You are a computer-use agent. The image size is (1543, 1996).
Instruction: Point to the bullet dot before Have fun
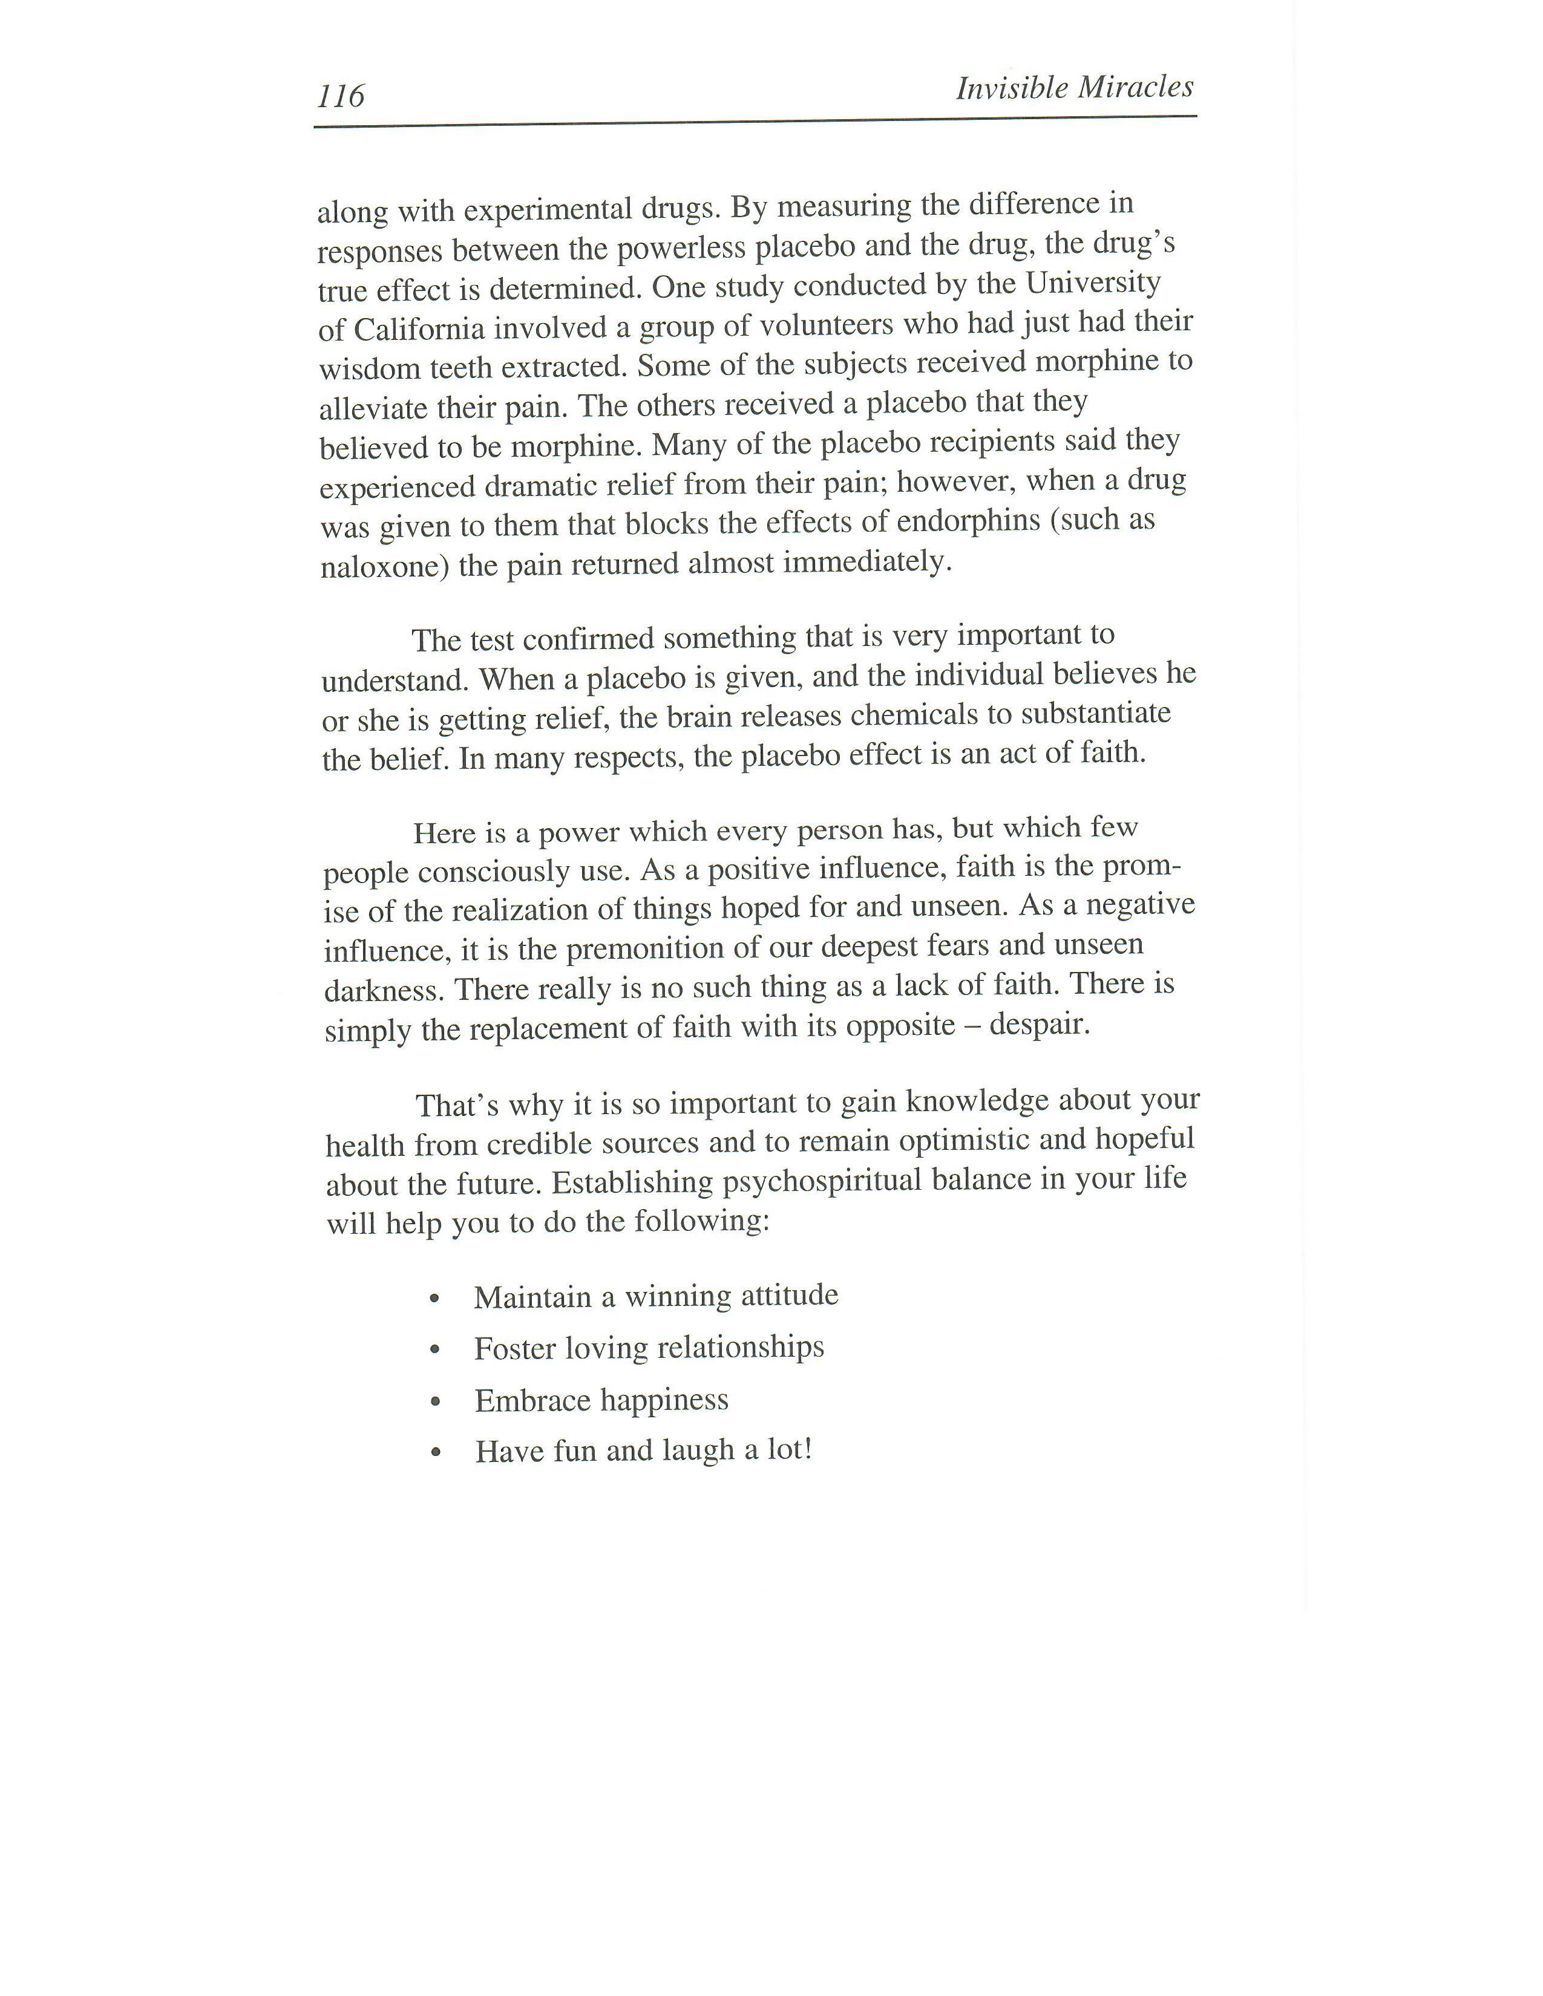pos(436,1452)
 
